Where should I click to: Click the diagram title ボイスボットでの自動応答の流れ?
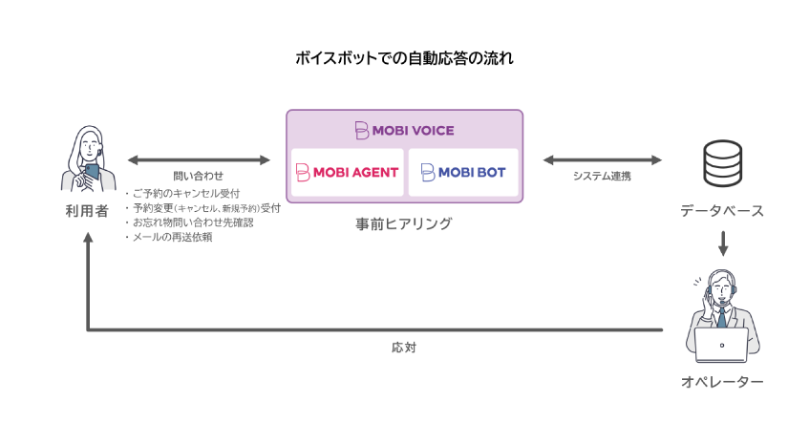tap(404, 59)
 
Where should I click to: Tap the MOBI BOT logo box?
tap(463, 173)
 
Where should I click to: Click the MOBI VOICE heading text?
tap(404, 130)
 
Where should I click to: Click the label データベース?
tap(722, 210)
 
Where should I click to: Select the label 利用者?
tap(87, 210)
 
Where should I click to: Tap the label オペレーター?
tap(722, 382)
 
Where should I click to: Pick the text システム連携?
tap(602, 177)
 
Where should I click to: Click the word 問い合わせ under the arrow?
tap(199, 177)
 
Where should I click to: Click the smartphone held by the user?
tap(93, 170)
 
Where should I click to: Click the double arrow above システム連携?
tap(602, 159)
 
